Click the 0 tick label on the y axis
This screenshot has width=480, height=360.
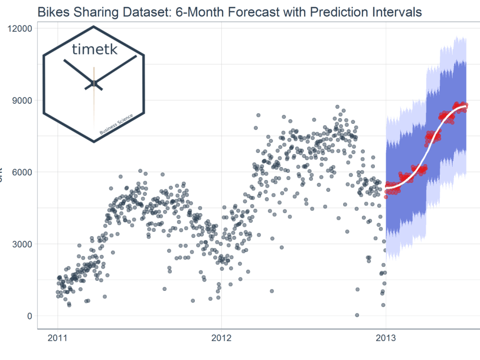[x=29, y=316]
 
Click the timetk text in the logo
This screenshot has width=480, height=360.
[x=94, y=49]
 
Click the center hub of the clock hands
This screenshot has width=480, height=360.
[x=94, y=84]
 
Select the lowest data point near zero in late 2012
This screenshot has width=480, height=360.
[x=357, y=315]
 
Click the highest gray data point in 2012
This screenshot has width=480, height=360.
[x=337, y=107]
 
